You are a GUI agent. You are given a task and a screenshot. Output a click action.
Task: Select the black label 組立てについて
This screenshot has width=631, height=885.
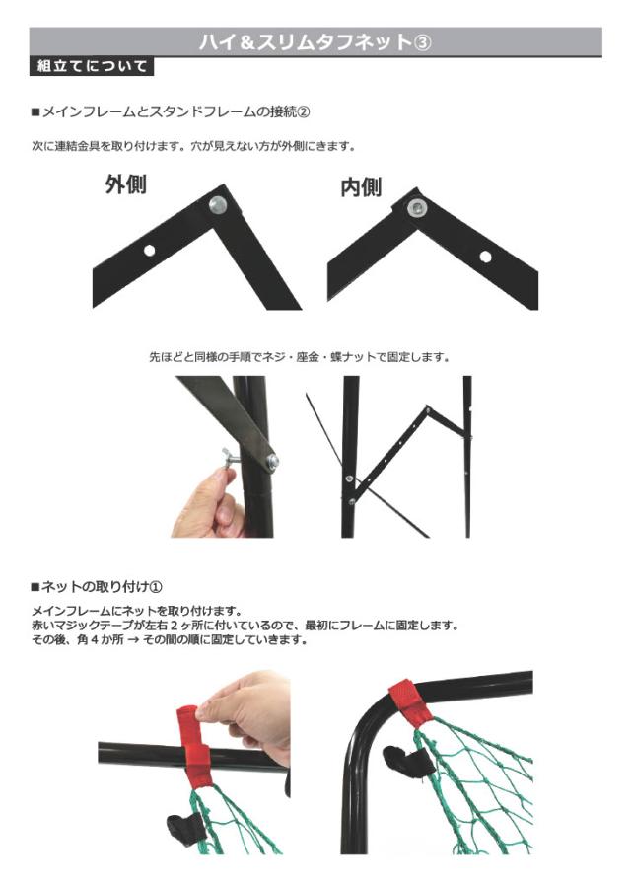(x=92, y=68)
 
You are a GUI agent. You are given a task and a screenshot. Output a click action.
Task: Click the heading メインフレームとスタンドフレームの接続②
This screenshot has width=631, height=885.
(x=177, y=111)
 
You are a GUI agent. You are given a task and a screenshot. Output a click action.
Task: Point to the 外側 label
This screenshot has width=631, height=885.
(x=126, y=184)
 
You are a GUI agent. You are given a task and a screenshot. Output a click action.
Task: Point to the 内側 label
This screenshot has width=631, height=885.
(x=361, y=187)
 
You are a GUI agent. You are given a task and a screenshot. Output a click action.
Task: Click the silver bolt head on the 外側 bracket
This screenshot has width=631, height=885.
(x=217, y=205)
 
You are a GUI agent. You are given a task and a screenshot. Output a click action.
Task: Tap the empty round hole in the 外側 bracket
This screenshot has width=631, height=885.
(x=149, y=250)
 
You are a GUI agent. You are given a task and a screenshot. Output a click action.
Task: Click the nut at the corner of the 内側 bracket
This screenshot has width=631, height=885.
(x=418, y=208)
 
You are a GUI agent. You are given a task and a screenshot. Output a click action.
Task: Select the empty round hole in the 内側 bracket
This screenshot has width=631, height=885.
(x=485, y=256)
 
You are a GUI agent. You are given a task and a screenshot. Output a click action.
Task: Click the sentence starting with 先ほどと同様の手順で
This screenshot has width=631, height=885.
(x=300, y=357)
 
